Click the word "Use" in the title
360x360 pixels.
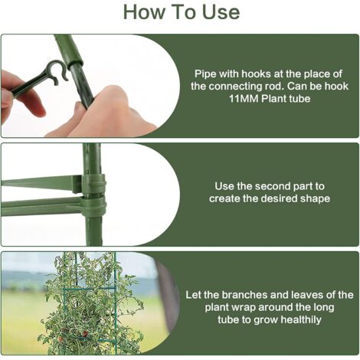pos(221,12)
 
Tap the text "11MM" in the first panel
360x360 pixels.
pos(244,99)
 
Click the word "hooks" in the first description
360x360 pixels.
pos(256,74)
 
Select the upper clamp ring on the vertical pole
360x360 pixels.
pos(93,185)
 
